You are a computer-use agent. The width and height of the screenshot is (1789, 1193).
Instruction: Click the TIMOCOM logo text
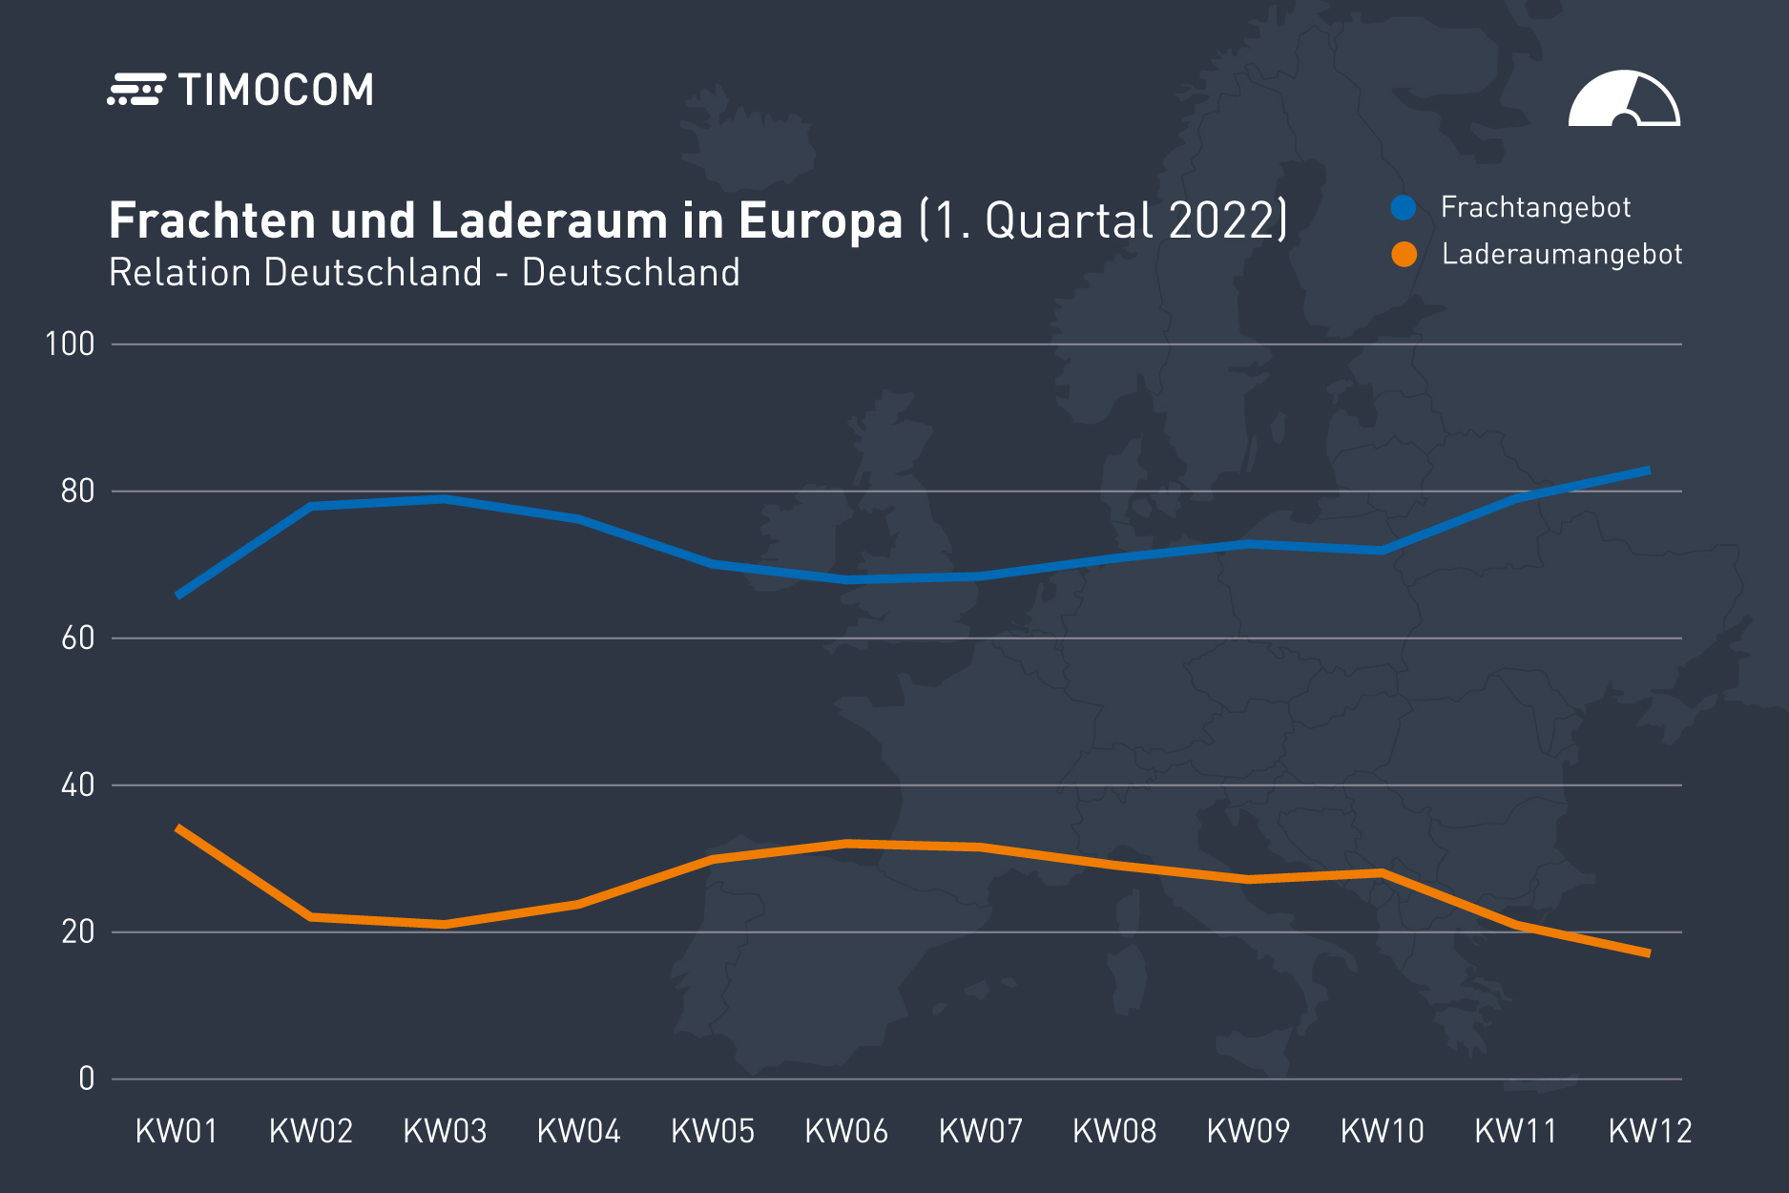point(275,91)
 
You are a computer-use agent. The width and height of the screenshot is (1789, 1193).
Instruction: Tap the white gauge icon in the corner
point(1624,99)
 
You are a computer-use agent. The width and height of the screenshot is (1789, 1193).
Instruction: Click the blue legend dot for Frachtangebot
point(1403,207)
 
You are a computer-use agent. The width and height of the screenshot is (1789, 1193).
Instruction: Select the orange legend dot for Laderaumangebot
point(1404,255)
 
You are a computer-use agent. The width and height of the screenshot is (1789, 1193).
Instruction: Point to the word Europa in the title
point(820,220)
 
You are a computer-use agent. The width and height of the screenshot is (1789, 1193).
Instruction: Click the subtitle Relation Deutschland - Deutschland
point(425,273)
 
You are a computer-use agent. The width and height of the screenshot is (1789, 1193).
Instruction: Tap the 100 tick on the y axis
point(70,344)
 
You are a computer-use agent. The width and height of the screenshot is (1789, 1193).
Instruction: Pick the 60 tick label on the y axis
point(77,638)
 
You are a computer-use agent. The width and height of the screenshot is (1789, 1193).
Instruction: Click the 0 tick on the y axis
point(86,1079)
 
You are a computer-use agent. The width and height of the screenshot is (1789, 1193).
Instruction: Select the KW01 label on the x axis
point(177,1132)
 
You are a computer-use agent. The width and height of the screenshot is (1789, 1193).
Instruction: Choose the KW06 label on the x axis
point(846,1132)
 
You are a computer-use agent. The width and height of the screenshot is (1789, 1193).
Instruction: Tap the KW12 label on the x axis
point(1650,1132)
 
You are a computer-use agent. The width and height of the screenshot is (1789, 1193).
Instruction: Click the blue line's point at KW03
point(445,499)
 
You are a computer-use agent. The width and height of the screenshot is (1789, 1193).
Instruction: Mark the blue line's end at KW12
point(1649,471)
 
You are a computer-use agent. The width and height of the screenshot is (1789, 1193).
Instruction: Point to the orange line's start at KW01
point(178,828)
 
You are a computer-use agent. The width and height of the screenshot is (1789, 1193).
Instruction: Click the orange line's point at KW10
point(1382,873)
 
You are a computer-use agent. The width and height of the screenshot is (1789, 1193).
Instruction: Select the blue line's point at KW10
point(1382,551)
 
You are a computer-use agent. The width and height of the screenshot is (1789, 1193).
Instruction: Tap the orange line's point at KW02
point(311,917)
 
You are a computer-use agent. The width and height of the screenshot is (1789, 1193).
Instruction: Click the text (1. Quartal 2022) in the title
point(1103,220)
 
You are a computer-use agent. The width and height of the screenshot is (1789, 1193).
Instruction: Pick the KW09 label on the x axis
point(1248,1132)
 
